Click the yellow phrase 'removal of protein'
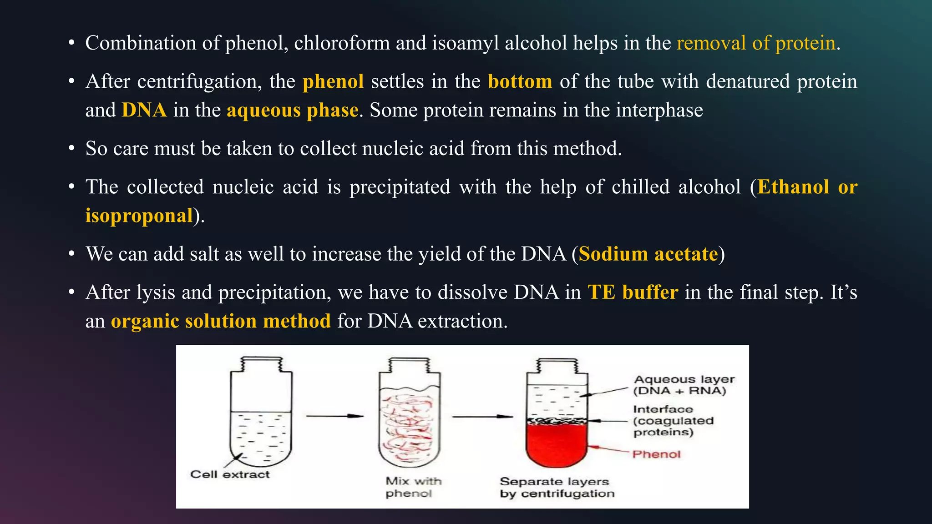pos(756,44)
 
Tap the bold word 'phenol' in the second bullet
pos(333,82)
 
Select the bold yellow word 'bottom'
pos(520,82)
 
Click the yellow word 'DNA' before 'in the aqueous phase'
pos(144,111)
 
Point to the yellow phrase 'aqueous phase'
pos(293,111)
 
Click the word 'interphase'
pos(659,111)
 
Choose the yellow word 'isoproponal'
pos(139,216)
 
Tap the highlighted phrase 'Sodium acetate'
pos(648,254)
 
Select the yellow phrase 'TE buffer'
pos(633,292)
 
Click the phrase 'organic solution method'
pos(221,321)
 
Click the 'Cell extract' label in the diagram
pos(230,474)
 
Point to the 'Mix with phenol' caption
pos(413,487)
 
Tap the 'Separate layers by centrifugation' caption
pos(557,487)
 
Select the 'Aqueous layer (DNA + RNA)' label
pos(684,385)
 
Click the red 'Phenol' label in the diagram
pos(656,454)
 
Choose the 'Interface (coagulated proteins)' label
pos(673,421)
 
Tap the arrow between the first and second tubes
pos(334,416)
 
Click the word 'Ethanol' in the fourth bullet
pos(793,187)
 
